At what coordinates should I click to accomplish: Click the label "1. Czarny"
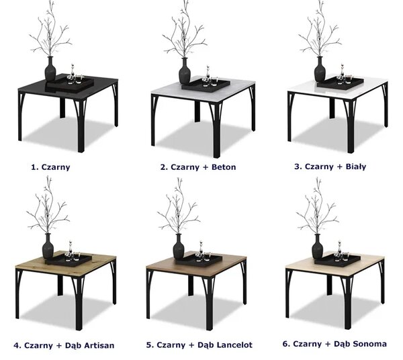(x=50, y=167)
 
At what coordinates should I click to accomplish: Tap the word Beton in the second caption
(x=224, y=167)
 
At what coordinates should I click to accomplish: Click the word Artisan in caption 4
(x=99, y=345)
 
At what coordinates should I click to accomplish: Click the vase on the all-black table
(x=50, y=69)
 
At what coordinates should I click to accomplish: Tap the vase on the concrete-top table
(x=184, y=71)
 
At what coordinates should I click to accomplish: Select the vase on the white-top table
(x=320, y=69)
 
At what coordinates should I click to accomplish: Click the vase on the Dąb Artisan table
(x=48, y=246)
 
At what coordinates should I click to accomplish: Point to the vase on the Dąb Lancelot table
(x=179, y=246)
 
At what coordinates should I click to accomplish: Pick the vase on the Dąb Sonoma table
(x=318, y=246)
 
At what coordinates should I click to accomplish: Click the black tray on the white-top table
(x=341, y=83)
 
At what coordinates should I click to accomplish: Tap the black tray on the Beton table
(x=206, y=85)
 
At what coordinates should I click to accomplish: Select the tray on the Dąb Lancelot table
(x=199, y=260)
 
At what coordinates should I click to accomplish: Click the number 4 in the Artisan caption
(x=17, y=346)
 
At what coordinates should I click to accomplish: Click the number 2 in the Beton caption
(x=163, y=167)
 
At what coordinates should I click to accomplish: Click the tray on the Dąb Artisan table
(x=69, y=260)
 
